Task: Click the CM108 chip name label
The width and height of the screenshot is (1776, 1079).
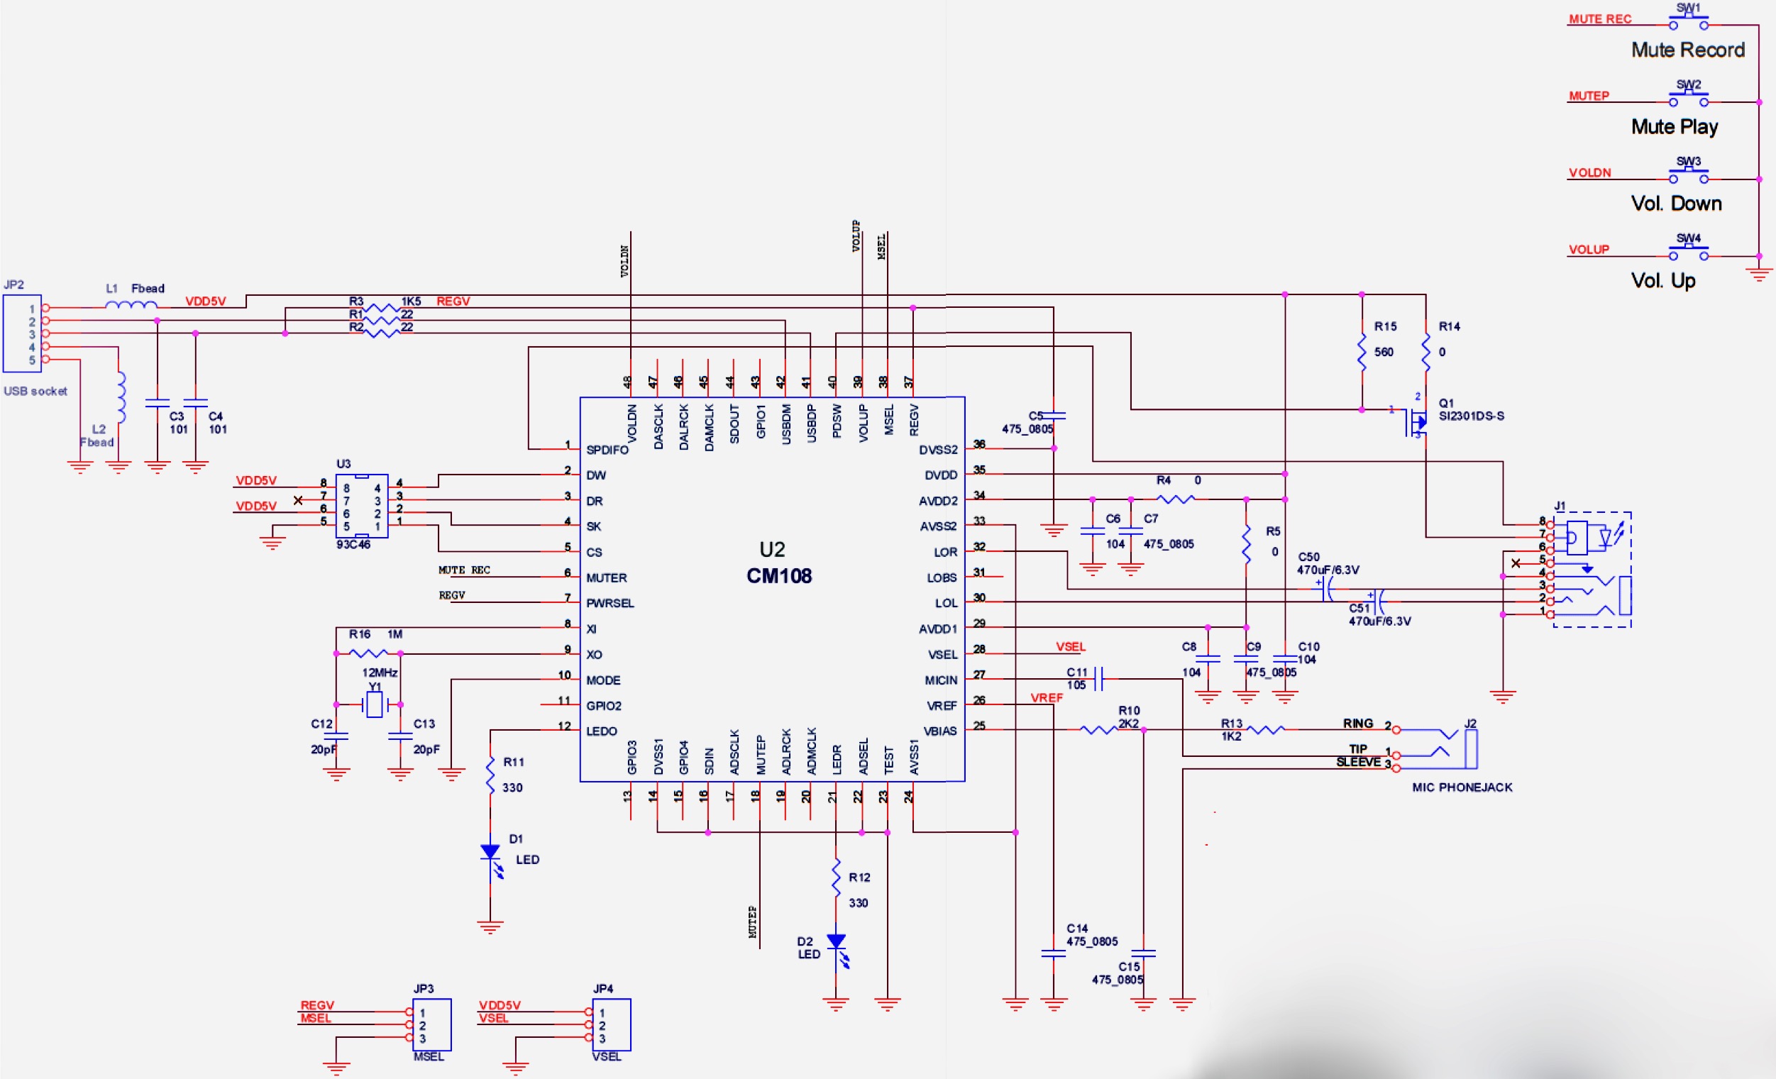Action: coord(778,576)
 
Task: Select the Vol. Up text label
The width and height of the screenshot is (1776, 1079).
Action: coord(1663,280)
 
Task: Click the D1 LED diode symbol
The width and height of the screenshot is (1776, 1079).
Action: coord(490,853)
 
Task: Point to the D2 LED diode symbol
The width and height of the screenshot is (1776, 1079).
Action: coord(836,942)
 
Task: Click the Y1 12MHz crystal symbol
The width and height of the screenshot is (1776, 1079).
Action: coord(373,704)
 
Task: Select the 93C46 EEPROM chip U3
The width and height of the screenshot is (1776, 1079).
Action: coord(362,506)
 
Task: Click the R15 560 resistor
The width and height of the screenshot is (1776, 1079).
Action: coord(1362,352)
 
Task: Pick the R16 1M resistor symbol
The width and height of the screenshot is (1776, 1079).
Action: coord(368,653)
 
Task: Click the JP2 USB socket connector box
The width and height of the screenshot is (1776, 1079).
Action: coord(21,333)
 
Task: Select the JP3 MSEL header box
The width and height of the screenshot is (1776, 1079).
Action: coord(431,1024)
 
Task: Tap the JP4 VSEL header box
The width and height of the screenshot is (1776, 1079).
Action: coord(611,1024)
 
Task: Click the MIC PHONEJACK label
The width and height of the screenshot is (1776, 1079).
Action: coord(1462,787)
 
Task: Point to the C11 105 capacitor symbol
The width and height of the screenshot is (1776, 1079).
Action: coord(1098,678)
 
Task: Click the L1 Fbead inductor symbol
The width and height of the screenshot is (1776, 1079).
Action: coord(131,306)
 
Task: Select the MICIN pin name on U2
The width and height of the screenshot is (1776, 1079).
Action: coord(941,680)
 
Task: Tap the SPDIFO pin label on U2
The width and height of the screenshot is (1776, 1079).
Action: coord(607,450)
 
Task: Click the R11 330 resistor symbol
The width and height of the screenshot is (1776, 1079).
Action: coord(490,774)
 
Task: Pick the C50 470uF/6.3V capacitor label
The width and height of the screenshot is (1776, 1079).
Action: coord(1328,564)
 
